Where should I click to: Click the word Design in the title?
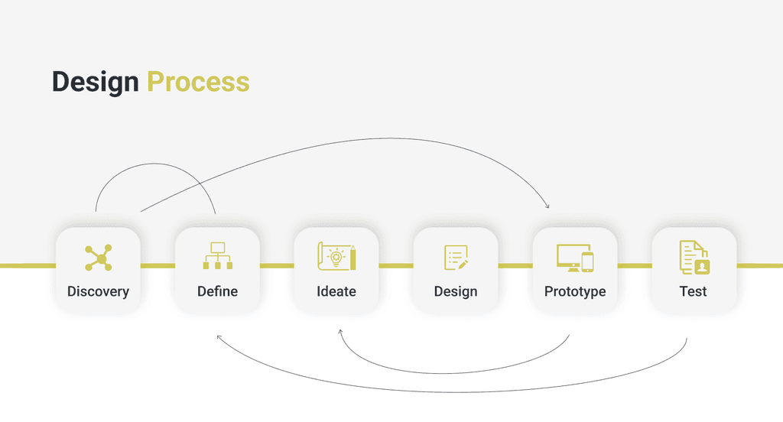click(x=96, y=82)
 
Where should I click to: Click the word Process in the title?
click(x=198, y=82)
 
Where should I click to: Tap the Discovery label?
click(x=98, y=291)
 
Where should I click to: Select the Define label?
click(x=217, y=291)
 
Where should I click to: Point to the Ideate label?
click(x=336, y=291)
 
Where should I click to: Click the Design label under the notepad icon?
click(x=456, y=291)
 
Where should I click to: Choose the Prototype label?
click(x=575, y=291)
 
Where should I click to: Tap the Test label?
click(x=694, y=291)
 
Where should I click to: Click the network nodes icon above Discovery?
click(x=98, y=258)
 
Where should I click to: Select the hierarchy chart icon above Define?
click(x=217, y=256)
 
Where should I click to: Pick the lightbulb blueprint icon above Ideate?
click(x=336, y=257)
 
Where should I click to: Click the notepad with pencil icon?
click(x=456, y=258)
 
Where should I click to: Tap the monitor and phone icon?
click(x=575, y=258)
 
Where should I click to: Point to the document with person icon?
click(x=694, y=257)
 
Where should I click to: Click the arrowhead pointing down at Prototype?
click(x=547, y=206)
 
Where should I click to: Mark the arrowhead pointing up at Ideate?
click(x=340, y=332)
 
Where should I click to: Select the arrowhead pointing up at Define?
click(x=219, y=336)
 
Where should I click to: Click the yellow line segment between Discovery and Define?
click(x=158, y=265)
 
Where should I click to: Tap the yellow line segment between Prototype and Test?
click(x=635, y=265)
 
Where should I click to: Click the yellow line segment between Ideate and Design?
click(x=396, y=265)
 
